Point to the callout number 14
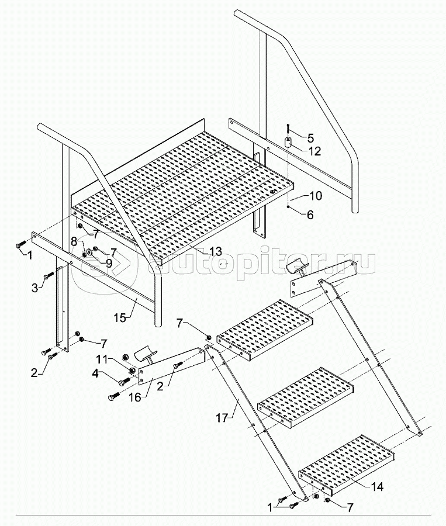pyautogui.click(x=376, y=486)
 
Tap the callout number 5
pyautogui.click(x=310, y=137)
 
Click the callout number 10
pyautogui.click(x=314, y=196)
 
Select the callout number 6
pyautogui.click(x=310, y=214)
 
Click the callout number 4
pyautogui.click(x=96, y=373)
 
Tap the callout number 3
pyautogui.click(x=35, y=288)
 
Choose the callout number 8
pyautogui.click(x=74, y=240)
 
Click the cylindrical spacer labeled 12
pyautogui.click(x=288, y=142)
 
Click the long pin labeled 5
pyautogui.click(x=288, y=129)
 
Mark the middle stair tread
pyautogui.click(x=306, y=397)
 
